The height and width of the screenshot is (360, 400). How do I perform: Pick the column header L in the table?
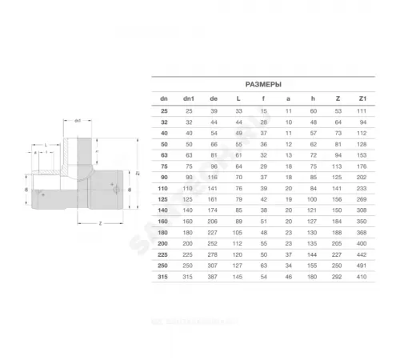click(x=238, y=98)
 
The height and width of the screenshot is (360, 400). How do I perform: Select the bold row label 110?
click(x=163, y=186)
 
